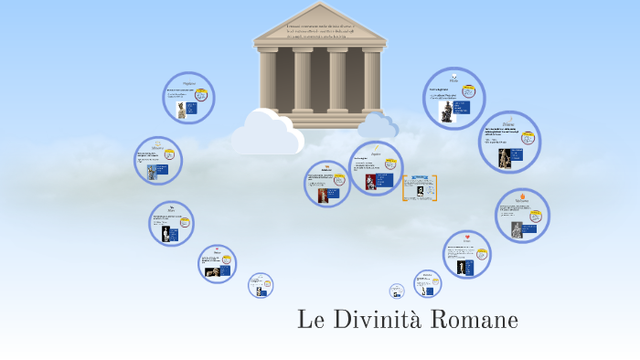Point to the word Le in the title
coord(310,321)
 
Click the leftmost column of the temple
coord(268,81)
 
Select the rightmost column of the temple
coord(371,81)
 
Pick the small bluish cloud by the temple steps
coord(378,125)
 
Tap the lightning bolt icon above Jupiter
coord(376,148)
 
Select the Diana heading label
coord(509,124)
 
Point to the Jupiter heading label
coord(376,154)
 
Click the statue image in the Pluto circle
coord(447,111)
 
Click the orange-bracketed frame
coord(420,187)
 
